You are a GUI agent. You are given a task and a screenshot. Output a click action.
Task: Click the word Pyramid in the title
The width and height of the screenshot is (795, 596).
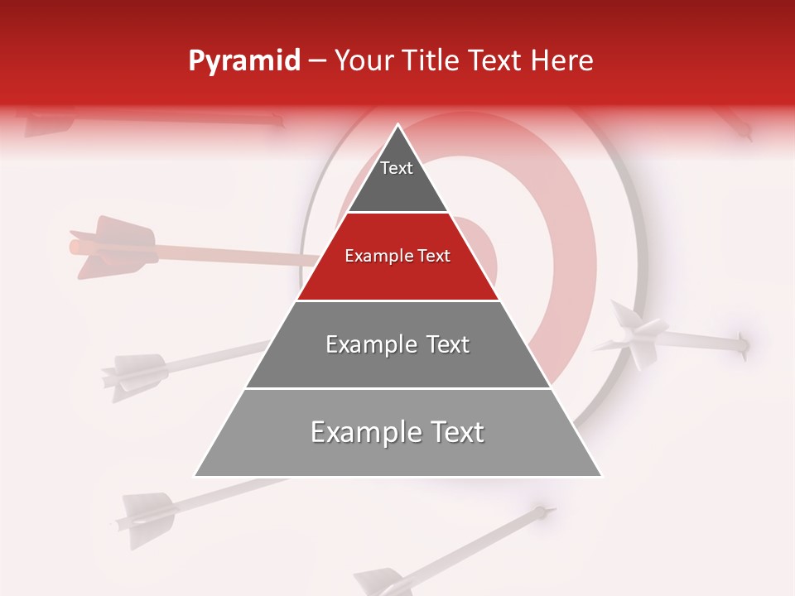point(244,61)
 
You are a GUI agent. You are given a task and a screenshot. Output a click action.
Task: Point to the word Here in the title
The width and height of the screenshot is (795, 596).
point(561,61)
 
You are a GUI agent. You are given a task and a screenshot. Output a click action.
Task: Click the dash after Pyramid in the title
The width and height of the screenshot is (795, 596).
point(317,61)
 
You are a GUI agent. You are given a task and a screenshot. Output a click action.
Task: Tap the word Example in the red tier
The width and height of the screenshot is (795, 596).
point(377,256)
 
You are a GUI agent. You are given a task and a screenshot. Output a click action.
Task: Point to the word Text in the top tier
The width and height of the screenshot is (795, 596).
point(397,168)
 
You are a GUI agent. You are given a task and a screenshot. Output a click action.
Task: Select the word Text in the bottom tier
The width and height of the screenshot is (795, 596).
point(456,432)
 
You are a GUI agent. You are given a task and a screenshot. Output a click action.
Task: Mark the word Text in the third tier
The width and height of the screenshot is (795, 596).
point(443,344)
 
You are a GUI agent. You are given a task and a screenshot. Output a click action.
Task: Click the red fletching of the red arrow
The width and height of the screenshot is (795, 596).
point(112,246)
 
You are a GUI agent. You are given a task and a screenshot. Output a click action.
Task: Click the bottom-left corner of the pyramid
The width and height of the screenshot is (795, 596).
point(195,476)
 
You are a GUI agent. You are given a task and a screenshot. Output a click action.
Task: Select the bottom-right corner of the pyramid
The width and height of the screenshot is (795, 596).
point(601,476)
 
